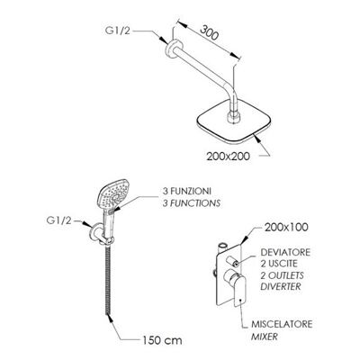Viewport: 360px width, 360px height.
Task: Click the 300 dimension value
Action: click(x=208, y=33)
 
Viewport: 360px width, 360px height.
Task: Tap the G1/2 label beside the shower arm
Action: click(x=118, y=31)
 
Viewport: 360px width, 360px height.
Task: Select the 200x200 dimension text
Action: click(x=228, y=156)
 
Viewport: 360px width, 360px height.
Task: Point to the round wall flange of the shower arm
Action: click(x=173, y=49)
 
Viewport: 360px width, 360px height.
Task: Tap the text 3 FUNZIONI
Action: click(x=187, y=191)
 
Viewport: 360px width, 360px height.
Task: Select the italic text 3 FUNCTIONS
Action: click(x=192, y=203)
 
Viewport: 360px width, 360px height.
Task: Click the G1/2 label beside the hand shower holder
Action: click(x=59, y=220)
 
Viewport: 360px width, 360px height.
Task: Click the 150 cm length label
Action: click(x=161, y=340)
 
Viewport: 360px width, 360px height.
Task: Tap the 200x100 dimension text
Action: click(x=286, y=227)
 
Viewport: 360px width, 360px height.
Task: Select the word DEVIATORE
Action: click(x=285, y=252)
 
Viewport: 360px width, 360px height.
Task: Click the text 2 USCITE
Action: click(x=279, y=264)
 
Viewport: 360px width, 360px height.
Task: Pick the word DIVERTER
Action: click(x=281, y=286)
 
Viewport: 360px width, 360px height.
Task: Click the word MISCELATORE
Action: click(x=282, y=324)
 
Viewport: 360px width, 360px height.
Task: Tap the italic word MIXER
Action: click(x=265, y=337)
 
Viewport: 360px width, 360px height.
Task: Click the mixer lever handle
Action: click(x=239, y=291)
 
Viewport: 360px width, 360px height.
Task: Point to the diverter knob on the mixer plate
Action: click(x=232, y=261)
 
